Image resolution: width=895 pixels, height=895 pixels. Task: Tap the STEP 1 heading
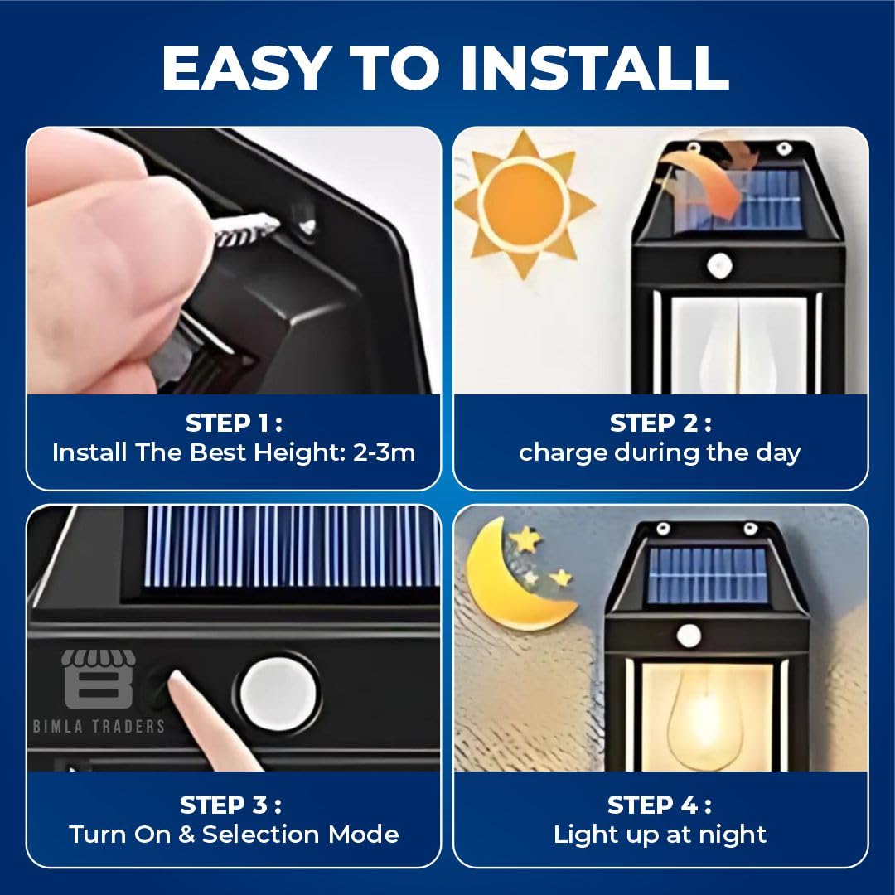234,423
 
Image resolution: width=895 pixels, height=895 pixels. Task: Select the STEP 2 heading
660,423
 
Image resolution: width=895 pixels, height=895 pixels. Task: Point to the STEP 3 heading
230,805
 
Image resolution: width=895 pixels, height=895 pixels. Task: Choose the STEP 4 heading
660,805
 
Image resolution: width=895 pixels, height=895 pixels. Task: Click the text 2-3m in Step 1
385,452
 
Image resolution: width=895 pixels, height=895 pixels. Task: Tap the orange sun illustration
525,204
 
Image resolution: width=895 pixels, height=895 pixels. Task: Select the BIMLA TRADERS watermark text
99,726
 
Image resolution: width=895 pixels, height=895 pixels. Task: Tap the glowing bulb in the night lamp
705,714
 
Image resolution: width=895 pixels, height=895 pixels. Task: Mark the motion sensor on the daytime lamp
720,265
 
